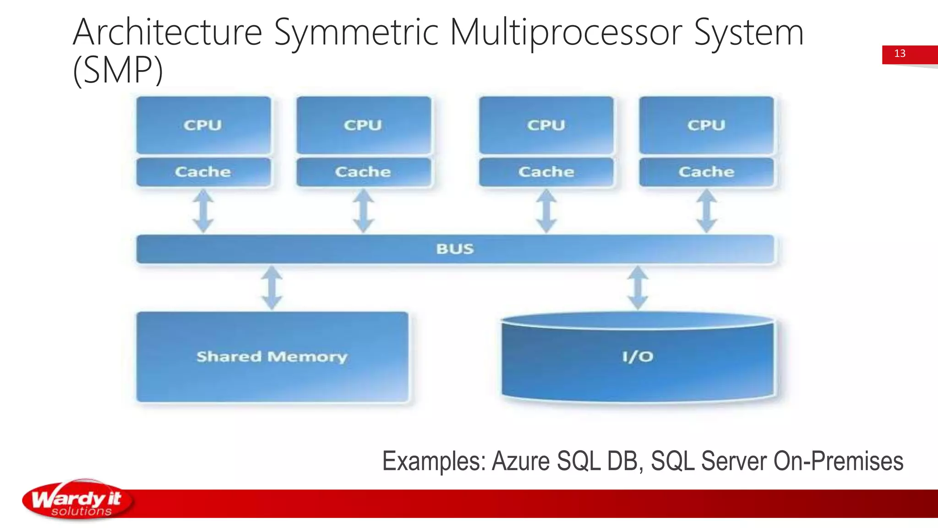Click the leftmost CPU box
pyautogui.click(x=203, y=125)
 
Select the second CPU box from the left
pyautogui.click(x=363, y=125)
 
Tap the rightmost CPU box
pyautogui.click(x=706, y=125)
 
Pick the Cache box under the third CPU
pyautogui.click(x=546, y=172)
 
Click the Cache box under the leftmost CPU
pyautogui.click(x=203, y=172)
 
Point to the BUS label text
pyautogui.click(x=455, y=249)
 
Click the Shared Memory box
pyautogui.click(x=272, y=357)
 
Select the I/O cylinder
pyautogui.click(x=638, y=357)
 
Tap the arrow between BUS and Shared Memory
pyautogui.click(x=272, y=288)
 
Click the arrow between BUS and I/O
pyautogui.click(x=638, y=288)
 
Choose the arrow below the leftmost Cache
pyautogui.click(x=203, y=211)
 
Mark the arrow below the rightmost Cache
pyautogui.click(x=706, y=211)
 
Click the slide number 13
pyautogui.click(x=900, y=54)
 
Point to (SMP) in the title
pyautogui.click(x=118, y=70)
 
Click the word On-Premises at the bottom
pyautogui.click(x=838, y=461)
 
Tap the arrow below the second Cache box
pyautogui.click(x=363, y=211)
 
